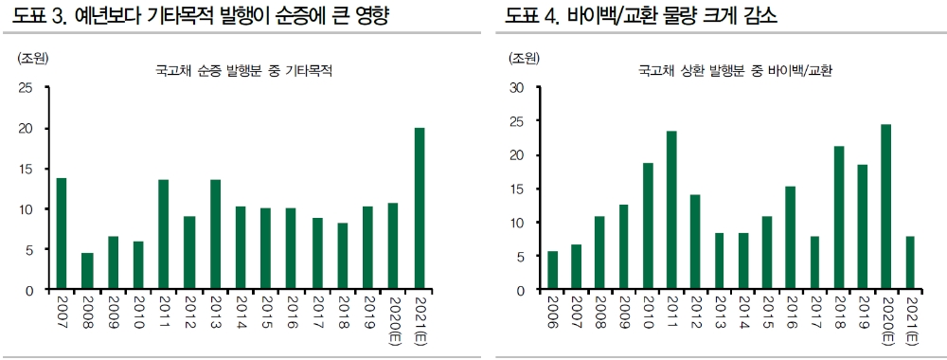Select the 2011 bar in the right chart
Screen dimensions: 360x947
tap(671, 209)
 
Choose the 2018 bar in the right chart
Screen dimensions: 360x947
tap(838, 217)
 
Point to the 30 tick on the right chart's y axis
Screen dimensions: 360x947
tap(516, 88)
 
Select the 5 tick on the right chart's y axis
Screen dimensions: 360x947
tap(520, 256)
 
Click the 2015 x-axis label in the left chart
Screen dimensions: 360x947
tap(266, 313)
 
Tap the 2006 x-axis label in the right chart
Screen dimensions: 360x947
tap(553, 313)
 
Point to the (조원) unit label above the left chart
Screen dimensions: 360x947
tap(32, 58)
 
